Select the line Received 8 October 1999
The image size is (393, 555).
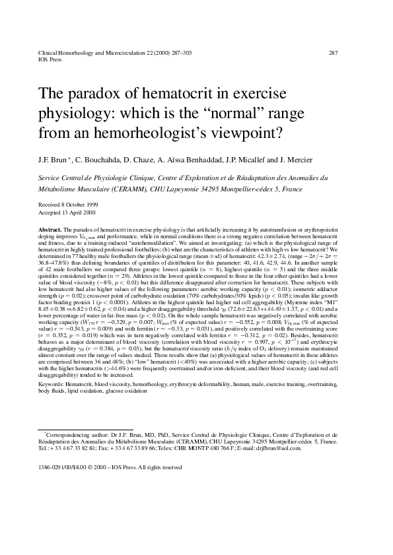pyautogui.click(x=64, y=204)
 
